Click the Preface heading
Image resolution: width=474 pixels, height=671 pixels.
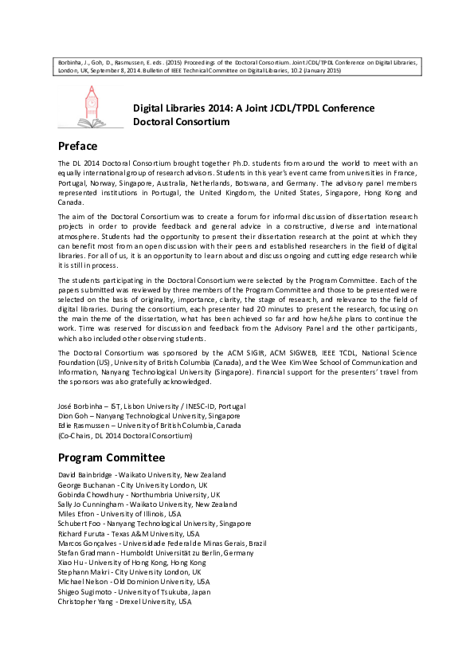click(x=78, y=146)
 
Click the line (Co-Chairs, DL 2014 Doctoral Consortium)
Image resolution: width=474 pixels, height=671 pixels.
click(x=126, y=436)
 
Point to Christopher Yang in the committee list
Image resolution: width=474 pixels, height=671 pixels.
click(x=86, y=601)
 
